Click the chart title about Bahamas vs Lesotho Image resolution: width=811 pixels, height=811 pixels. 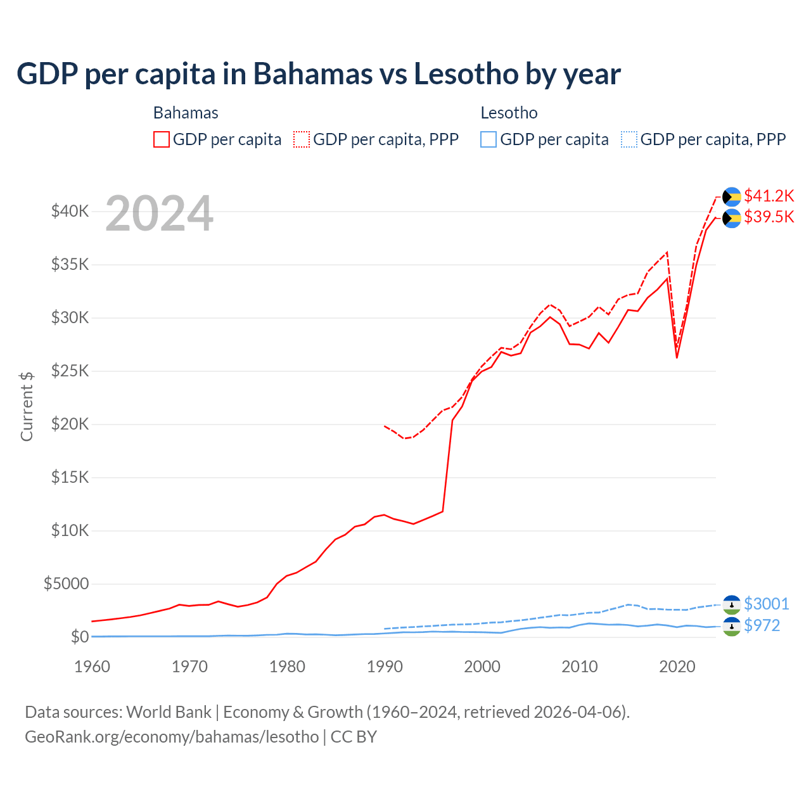[318, 74]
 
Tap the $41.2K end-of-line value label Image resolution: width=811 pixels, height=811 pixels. [769, 196]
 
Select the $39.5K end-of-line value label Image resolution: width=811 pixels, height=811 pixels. [769, 217]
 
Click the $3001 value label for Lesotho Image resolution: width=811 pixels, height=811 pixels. [766, 604]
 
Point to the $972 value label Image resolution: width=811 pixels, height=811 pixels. [762, 625]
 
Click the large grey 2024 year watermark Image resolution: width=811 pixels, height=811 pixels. [159, 214]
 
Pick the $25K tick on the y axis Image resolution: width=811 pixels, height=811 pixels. [70, 371]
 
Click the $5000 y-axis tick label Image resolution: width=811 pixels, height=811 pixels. [66, 584]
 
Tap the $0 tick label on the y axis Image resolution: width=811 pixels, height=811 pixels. [79, 637]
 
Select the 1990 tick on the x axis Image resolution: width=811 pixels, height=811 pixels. [385, 667]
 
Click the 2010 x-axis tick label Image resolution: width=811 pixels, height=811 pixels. [580, 667]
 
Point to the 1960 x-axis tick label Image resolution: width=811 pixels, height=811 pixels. [93, 667]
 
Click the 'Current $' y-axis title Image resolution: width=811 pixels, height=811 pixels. [27, 407]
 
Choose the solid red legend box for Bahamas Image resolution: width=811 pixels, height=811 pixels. [162, 139]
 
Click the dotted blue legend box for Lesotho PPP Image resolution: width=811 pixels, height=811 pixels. [629, 139]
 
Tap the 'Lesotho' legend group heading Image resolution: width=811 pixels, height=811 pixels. [509, 113]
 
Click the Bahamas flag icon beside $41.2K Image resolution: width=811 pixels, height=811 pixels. [732, 197]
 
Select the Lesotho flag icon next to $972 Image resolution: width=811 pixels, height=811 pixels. [732, 627]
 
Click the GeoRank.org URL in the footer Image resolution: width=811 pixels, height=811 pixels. [172, 737]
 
